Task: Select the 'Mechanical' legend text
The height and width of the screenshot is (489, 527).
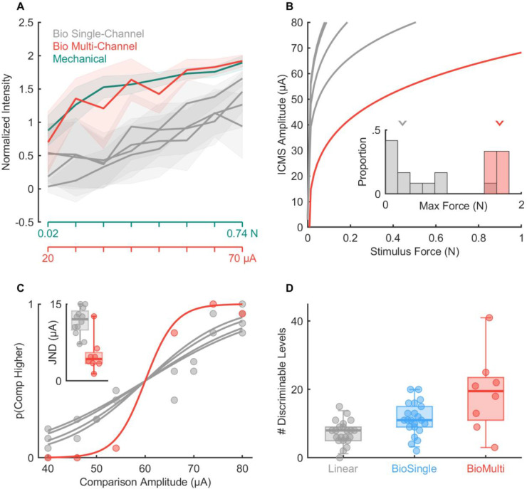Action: pos(78,59)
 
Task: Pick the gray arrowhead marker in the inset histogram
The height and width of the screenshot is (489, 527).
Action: pos(402,124)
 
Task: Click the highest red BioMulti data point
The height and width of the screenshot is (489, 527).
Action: pos(489,317)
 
